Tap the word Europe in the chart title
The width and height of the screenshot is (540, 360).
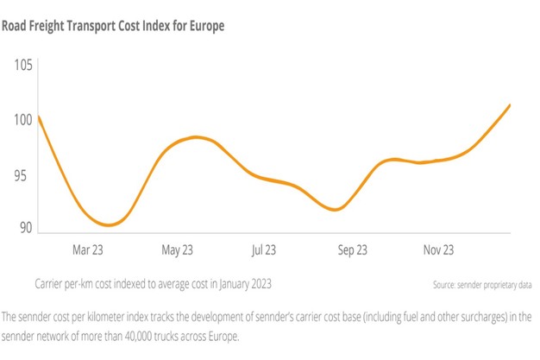click(x=203, y=26)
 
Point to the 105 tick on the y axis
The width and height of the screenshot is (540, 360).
click(x=22, y=66)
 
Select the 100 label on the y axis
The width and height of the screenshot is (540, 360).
click(x=22, y=120)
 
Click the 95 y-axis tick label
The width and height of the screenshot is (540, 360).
click(x=24, y=175)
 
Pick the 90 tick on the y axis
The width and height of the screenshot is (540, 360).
click(x=24, y=228)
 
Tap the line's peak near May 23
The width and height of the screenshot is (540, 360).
click(x=198, y=137)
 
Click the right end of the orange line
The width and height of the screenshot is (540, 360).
click(x=510, y=105)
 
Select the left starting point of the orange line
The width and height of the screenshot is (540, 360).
click(x=39, y=117)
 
